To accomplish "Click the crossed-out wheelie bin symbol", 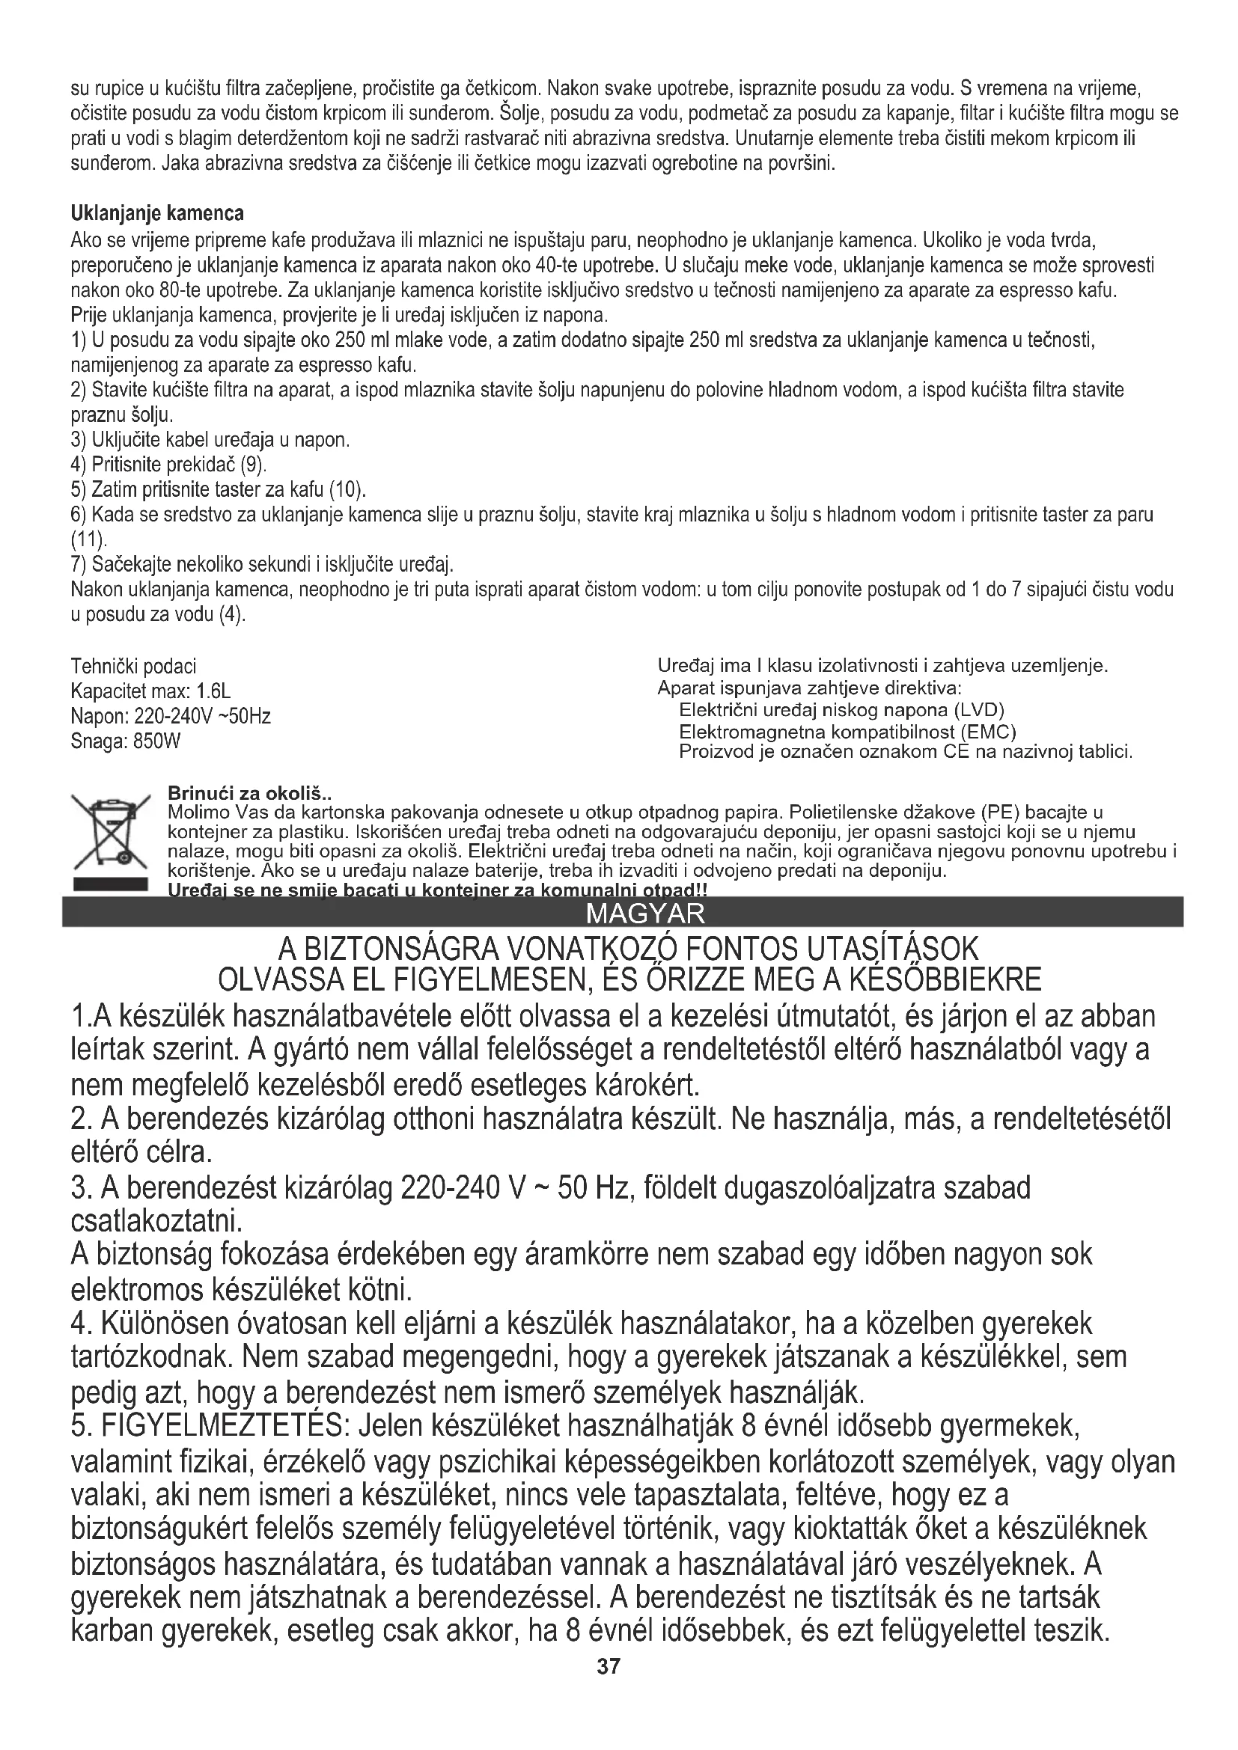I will click(109, 831).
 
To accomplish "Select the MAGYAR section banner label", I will click(647, 913).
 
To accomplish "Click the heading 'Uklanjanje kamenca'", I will click(157, 212).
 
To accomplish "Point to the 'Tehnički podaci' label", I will click(133, 667).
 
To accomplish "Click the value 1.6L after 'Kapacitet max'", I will click(213, 691).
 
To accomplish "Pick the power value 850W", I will click(156, 741).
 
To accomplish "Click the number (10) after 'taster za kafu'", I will click(350, 489).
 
